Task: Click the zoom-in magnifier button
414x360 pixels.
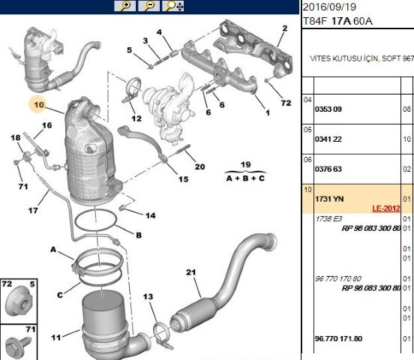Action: (x=124, y=6)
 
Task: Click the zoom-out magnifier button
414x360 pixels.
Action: (x=149, y=6)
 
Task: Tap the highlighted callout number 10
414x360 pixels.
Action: (x=39, y=104)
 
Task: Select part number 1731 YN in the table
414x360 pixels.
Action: (x=329, y=199)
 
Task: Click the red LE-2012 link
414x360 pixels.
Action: (x=386, y=208)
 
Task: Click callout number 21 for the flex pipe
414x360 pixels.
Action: (x=191, y=272)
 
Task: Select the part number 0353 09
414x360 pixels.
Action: (x=328, y=109)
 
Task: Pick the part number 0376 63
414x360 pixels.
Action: (x=328, y=169)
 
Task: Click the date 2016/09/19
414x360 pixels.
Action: (x=329, y=7)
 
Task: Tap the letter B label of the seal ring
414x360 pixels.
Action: (x=139, y=235)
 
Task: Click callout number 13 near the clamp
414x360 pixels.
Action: (x=148, y=296)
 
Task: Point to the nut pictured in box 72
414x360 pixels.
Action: (x=19, y=303)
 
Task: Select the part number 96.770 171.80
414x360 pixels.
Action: (x=338, y=338)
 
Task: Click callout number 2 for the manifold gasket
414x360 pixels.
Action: (x=285, y=28)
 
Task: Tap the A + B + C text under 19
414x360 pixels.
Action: (x=245, y=178)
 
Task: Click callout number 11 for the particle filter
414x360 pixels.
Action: (x=56, y=337)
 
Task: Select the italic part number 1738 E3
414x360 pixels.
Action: (x=328, y=219)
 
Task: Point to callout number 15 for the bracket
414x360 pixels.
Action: (x=183, y=179)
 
